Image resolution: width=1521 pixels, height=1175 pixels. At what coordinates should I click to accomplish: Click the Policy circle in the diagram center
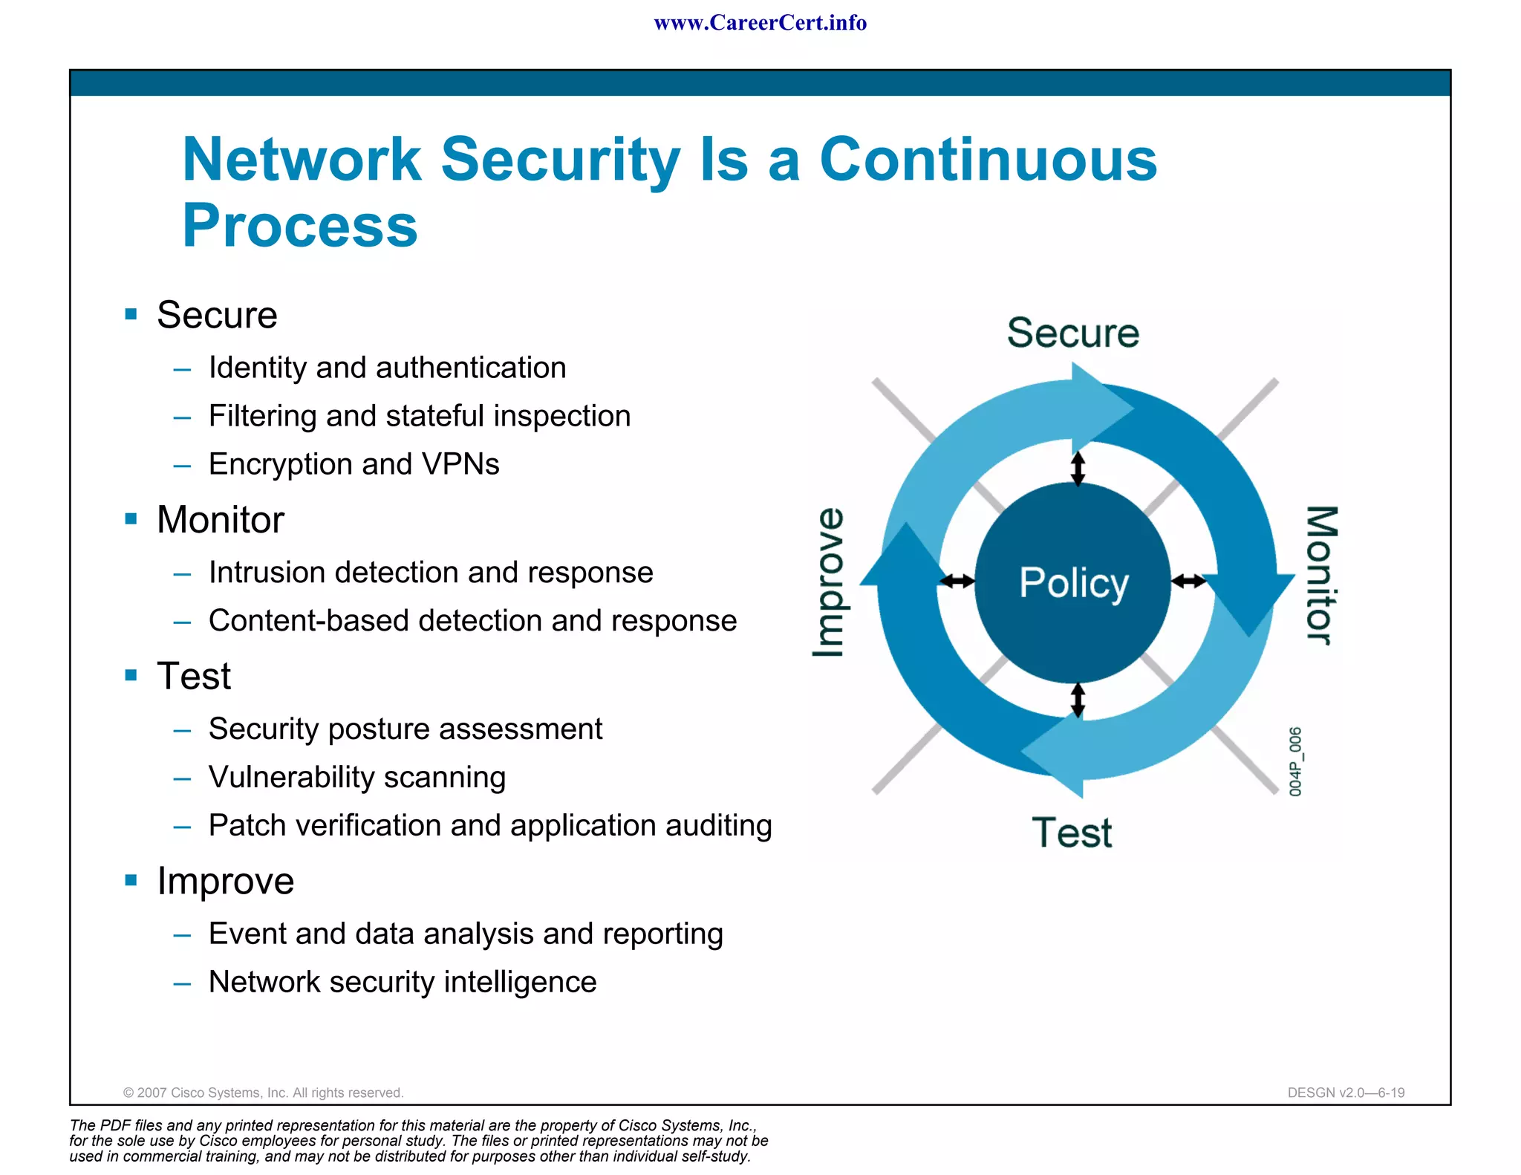(x=1072, y=582)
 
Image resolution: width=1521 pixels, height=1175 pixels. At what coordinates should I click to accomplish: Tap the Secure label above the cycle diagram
(x=1072, y=332)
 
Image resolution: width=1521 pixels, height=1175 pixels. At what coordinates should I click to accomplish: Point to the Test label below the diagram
(x=1072, y=832)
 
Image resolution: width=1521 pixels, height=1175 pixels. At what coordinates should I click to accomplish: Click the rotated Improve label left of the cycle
(x=829, y=582)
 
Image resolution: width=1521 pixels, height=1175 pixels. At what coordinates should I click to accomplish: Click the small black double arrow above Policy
(x=1078, y=468)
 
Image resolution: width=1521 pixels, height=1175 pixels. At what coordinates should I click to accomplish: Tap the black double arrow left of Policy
(x=957, y=581)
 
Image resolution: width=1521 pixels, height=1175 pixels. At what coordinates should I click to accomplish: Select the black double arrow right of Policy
(x=1189, y=581)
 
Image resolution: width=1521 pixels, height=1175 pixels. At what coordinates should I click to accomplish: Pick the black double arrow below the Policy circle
(x=1078, y=700)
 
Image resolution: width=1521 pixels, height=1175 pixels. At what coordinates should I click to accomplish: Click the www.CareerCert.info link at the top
(x=760, y=23)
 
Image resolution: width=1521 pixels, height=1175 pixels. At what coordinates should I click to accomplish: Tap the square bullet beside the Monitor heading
(x=131, y=518)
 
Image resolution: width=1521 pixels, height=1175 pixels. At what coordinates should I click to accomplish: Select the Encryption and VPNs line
(x=354, y=464)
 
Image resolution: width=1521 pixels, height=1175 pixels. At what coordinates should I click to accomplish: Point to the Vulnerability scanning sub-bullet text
(x=356, y=777)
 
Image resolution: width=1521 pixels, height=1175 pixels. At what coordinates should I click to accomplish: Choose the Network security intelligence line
(x=402, y=982)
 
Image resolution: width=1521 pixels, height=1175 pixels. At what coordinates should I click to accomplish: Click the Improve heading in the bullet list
(x=225, y=881)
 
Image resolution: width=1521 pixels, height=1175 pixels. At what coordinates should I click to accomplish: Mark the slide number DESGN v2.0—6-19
(x=1346, y=1093)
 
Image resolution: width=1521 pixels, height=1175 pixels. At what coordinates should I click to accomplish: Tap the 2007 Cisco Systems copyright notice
(x=263, y=1093)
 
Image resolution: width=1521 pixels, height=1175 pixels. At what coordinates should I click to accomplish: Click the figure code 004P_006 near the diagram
(x=1295, y=761)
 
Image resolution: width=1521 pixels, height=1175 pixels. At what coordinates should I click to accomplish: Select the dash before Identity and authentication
(x=182, y=368)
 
